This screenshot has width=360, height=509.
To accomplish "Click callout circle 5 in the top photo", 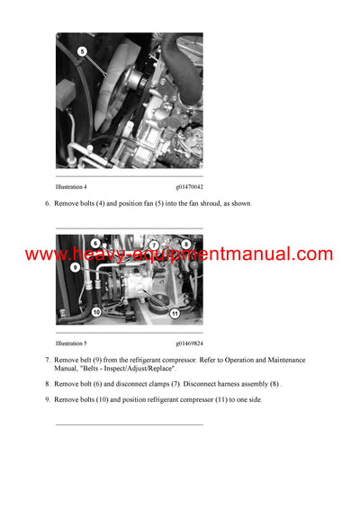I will [x=82, y=52].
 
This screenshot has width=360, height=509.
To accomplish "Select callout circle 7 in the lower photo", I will [x=154, y=245].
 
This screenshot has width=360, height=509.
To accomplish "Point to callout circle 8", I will [x=186, y=244].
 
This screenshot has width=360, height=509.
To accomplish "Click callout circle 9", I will [x=75, y=267].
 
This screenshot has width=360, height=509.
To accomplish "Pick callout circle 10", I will [x=95, y=312].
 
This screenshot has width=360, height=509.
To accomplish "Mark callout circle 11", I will [x=175, y=313].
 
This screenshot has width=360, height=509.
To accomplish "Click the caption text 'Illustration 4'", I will [x=71, y=186].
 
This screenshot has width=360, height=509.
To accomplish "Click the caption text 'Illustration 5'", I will [x=71, y=344].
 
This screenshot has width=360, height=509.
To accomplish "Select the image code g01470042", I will [x=189, y=186].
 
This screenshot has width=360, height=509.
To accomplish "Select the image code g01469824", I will [x=189, y=344].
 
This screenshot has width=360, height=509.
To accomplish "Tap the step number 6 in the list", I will [x=47, y=204].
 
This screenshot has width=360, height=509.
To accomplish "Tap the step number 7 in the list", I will [x=47, y=361].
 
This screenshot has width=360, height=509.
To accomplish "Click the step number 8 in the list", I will [x=47, y=384].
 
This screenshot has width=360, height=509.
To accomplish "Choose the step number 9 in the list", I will [x=47, y=399].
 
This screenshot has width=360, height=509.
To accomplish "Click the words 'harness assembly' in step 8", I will [x=244, y=384].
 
